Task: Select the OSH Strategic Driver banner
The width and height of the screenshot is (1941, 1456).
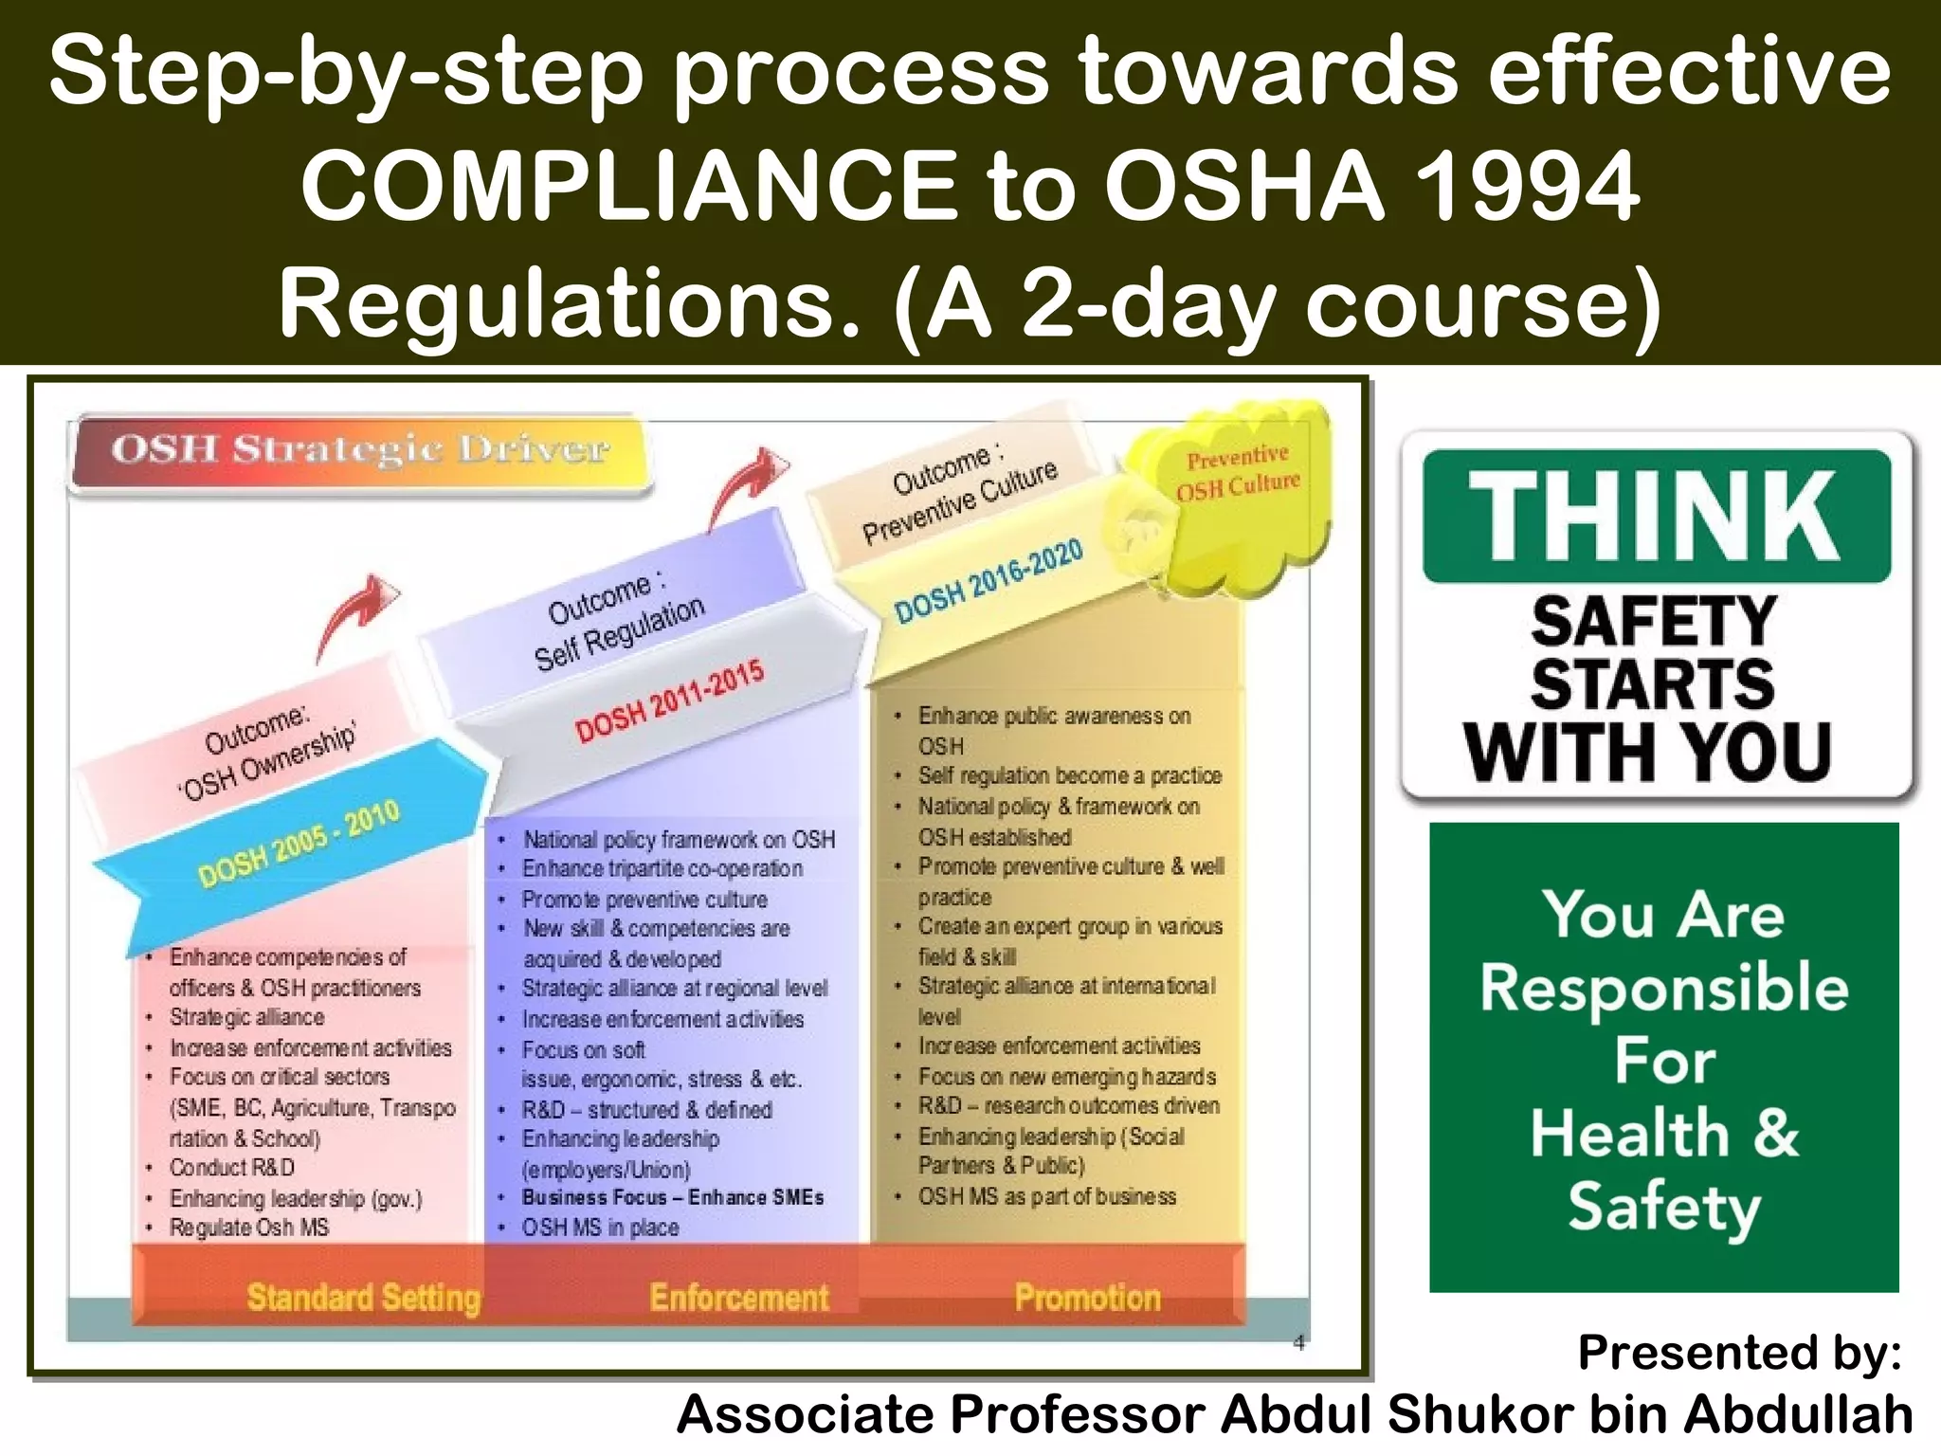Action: click(360, 450)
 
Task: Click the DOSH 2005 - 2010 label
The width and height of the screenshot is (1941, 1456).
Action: click(299, 843)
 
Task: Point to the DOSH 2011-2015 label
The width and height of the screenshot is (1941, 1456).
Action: click(669, 702)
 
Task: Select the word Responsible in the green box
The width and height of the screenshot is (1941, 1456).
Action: click(1664, 988)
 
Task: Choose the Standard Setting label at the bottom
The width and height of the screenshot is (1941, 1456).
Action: click(364, 1297)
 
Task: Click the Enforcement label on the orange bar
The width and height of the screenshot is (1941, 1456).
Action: click(739, 1297)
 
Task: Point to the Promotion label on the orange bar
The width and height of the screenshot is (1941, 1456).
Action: click(1087, 1297)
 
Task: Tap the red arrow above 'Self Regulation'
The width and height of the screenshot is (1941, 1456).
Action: click(749, 483)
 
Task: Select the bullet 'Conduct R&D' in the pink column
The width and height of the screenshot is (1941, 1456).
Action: click(231, 1167)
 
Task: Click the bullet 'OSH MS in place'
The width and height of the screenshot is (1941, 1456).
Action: click(600, 1228)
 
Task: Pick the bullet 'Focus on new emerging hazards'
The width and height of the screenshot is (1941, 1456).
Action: click(1066, 1077)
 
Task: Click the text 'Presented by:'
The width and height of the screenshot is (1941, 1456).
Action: click(1739, 1352)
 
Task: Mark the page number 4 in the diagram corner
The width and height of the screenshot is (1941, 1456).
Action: click(1298, 1342)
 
